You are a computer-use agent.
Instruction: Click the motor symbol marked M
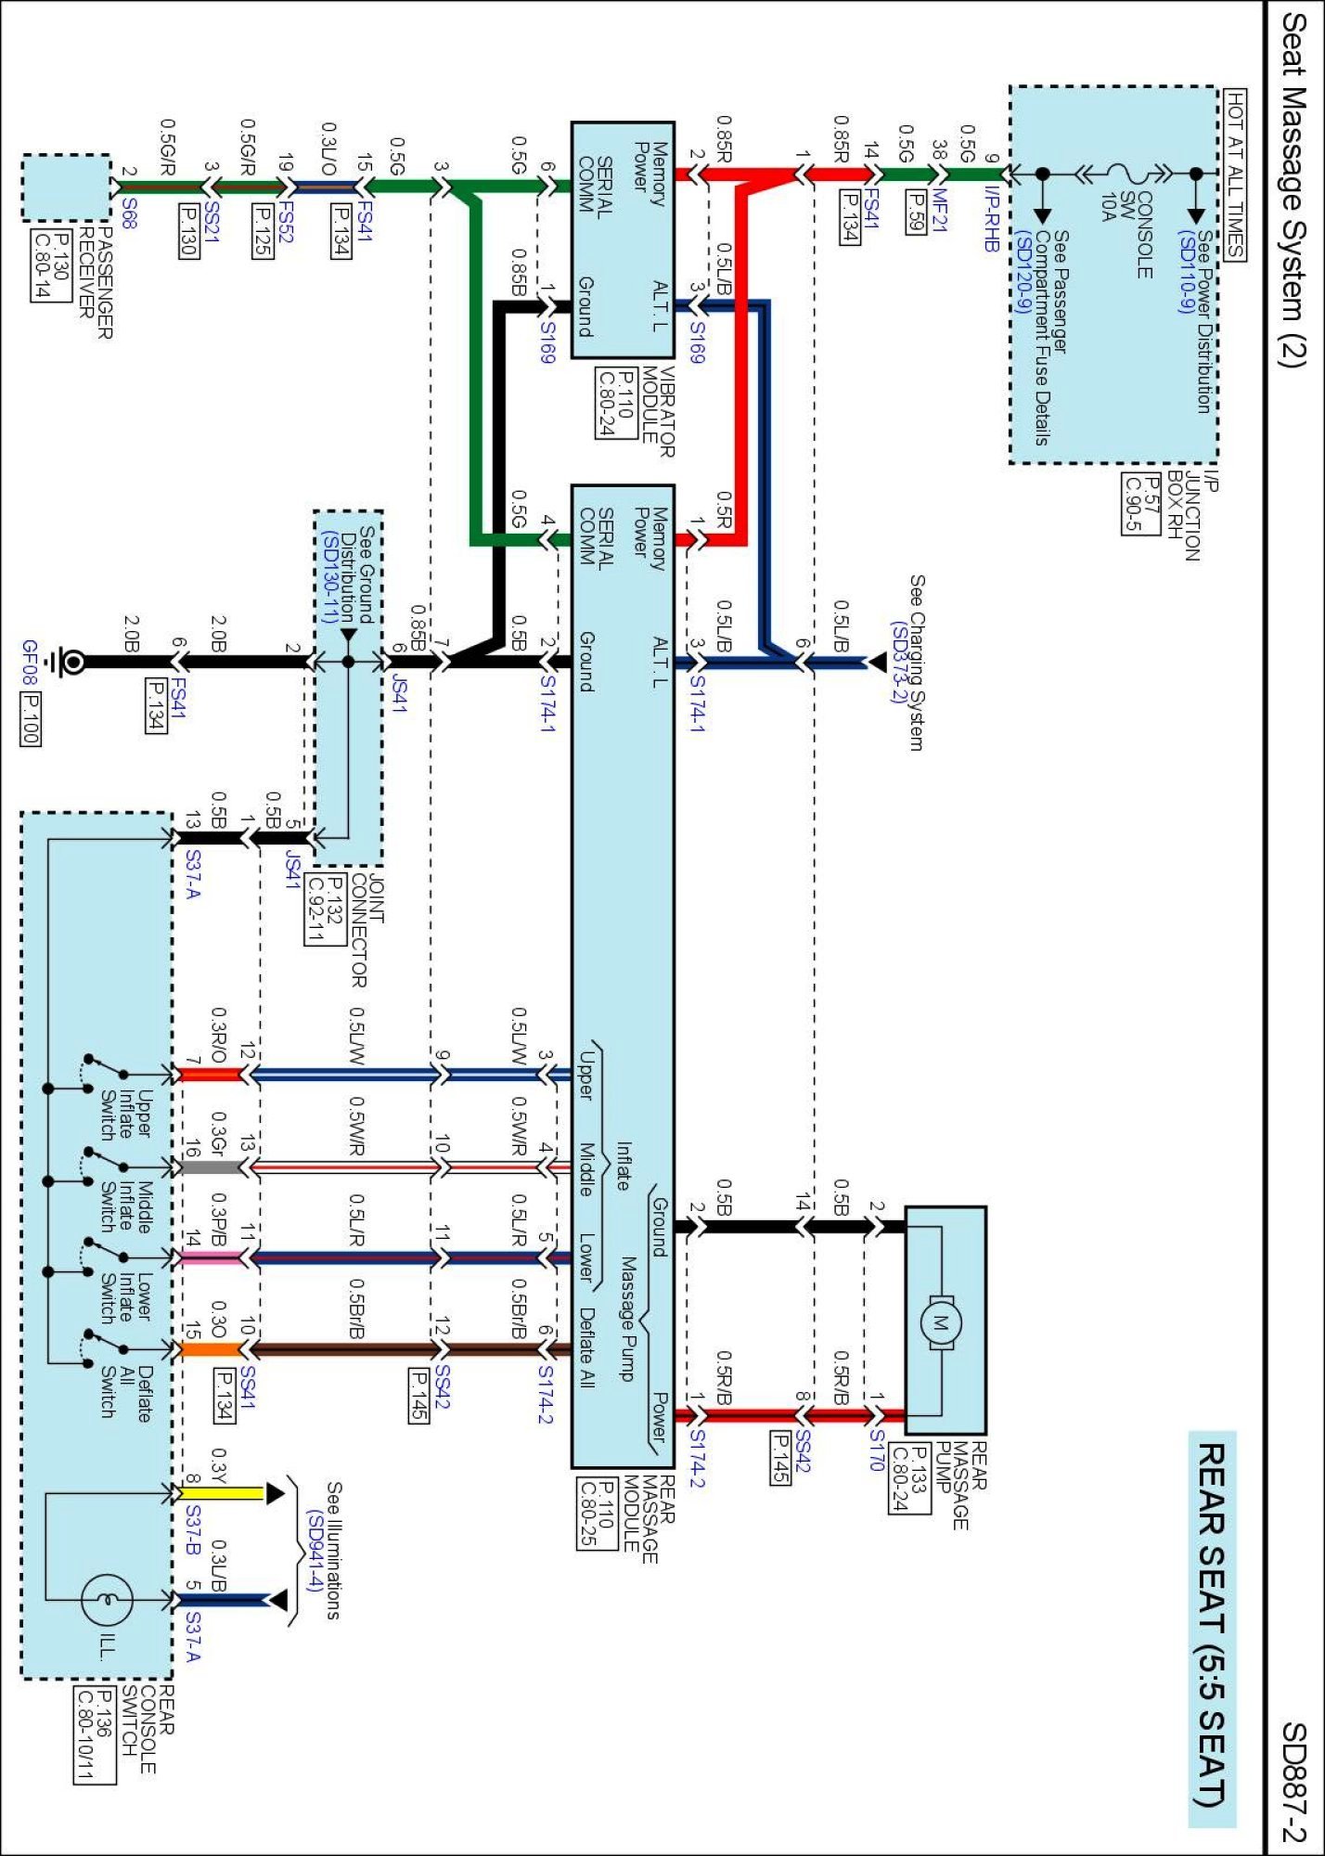pos(940,1321)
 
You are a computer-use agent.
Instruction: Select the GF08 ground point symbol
pos(69,662)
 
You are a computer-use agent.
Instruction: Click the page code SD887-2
pos(1293,1782)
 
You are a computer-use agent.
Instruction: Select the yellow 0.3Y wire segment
pos(222,1493)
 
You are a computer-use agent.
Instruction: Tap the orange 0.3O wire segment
pos(210,1348)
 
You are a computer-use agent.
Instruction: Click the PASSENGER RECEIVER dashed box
pos(66,187)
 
